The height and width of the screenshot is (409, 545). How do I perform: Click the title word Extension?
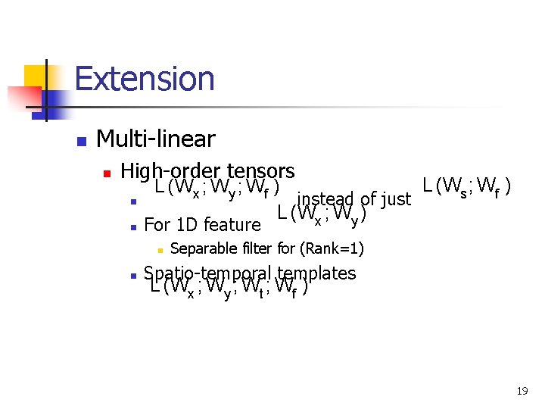tap(145, 79)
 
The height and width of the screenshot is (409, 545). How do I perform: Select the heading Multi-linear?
tap(156, 139)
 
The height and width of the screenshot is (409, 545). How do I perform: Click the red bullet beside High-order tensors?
tap(107, 173)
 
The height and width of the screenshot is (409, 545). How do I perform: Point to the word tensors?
tap(260, 170)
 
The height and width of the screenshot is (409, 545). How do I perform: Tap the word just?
tap(395, 199)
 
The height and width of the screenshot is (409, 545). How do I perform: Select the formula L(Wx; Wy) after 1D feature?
tap(322, 215)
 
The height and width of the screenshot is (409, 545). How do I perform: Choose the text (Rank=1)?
tap(331, 248)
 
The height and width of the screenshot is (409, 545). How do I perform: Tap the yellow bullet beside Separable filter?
tap(160, 249)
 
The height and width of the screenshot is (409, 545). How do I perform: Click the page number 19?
tap(522, 391)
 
